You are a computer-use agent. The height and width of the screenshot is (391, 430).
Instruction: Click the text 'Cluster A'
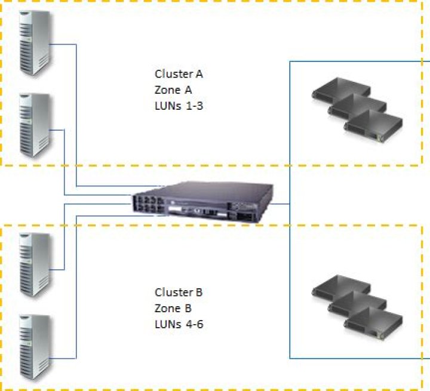point(179,75)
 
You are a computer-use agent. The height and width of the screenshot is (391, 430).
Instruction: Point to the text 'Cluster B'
point(179,293)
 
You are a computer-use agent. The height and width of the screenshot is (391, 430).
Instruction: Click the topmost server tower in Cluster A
point(33,42)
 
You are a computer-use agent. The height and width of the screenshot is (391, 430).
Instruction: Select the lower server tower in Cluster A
point(33,125)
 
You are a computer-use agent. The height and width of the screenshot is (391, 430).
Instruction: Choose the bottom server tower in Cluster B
point(33,346)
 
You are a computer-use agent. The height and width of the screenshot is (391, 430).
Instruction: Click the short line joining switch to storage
point(281,204)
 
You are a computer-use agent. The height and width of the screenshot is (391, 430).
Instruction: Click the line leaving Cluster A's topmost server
point(76,113)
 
